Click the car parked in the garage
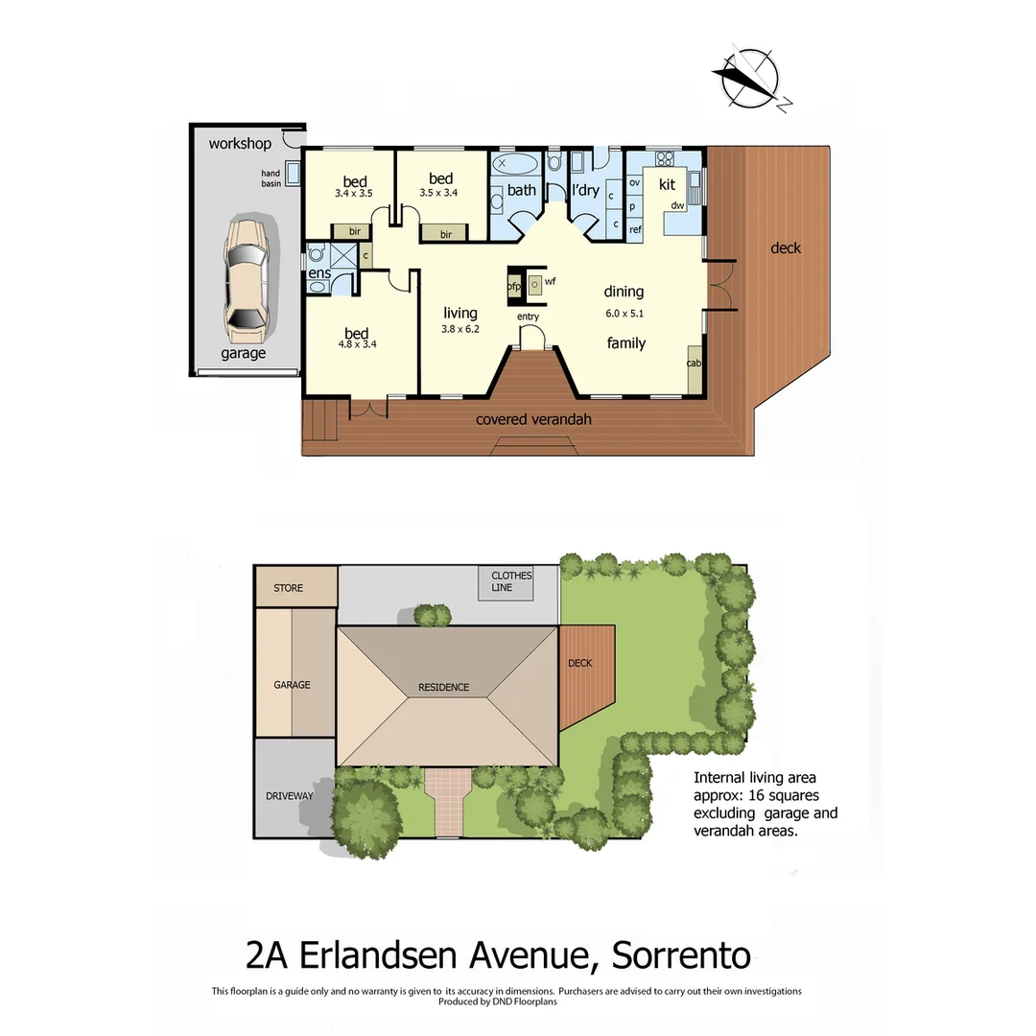click(x=246, y=280)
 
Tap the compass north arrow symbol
click(x=749, y=78)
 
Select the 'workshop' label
click(x=240, y=144)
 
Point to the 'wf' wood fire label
click(x=550, y=282)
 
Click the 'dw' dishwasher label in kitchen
click(x=677, y=205)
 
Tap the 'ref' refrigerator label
click(x=635, y=229)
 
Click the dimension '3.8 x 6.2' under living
click(x=460, y=329)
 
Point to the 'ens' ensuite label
click(x=319, y=273)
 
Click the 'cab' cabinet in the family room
click(x=694, y=365)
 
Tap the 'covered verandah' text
click(x=533, y=419)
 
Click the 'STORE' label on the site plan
click(x=288, y=588)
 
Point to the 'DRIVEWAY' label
click(x=290, y=796)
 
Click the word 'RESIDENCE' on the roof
click(x=443, y=687)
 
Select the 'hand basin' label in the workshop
click(x=271, y=178)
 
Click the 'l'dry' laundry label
click(x=585, y=191)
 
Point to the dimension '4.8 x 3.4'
click(x=357, y=344)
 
